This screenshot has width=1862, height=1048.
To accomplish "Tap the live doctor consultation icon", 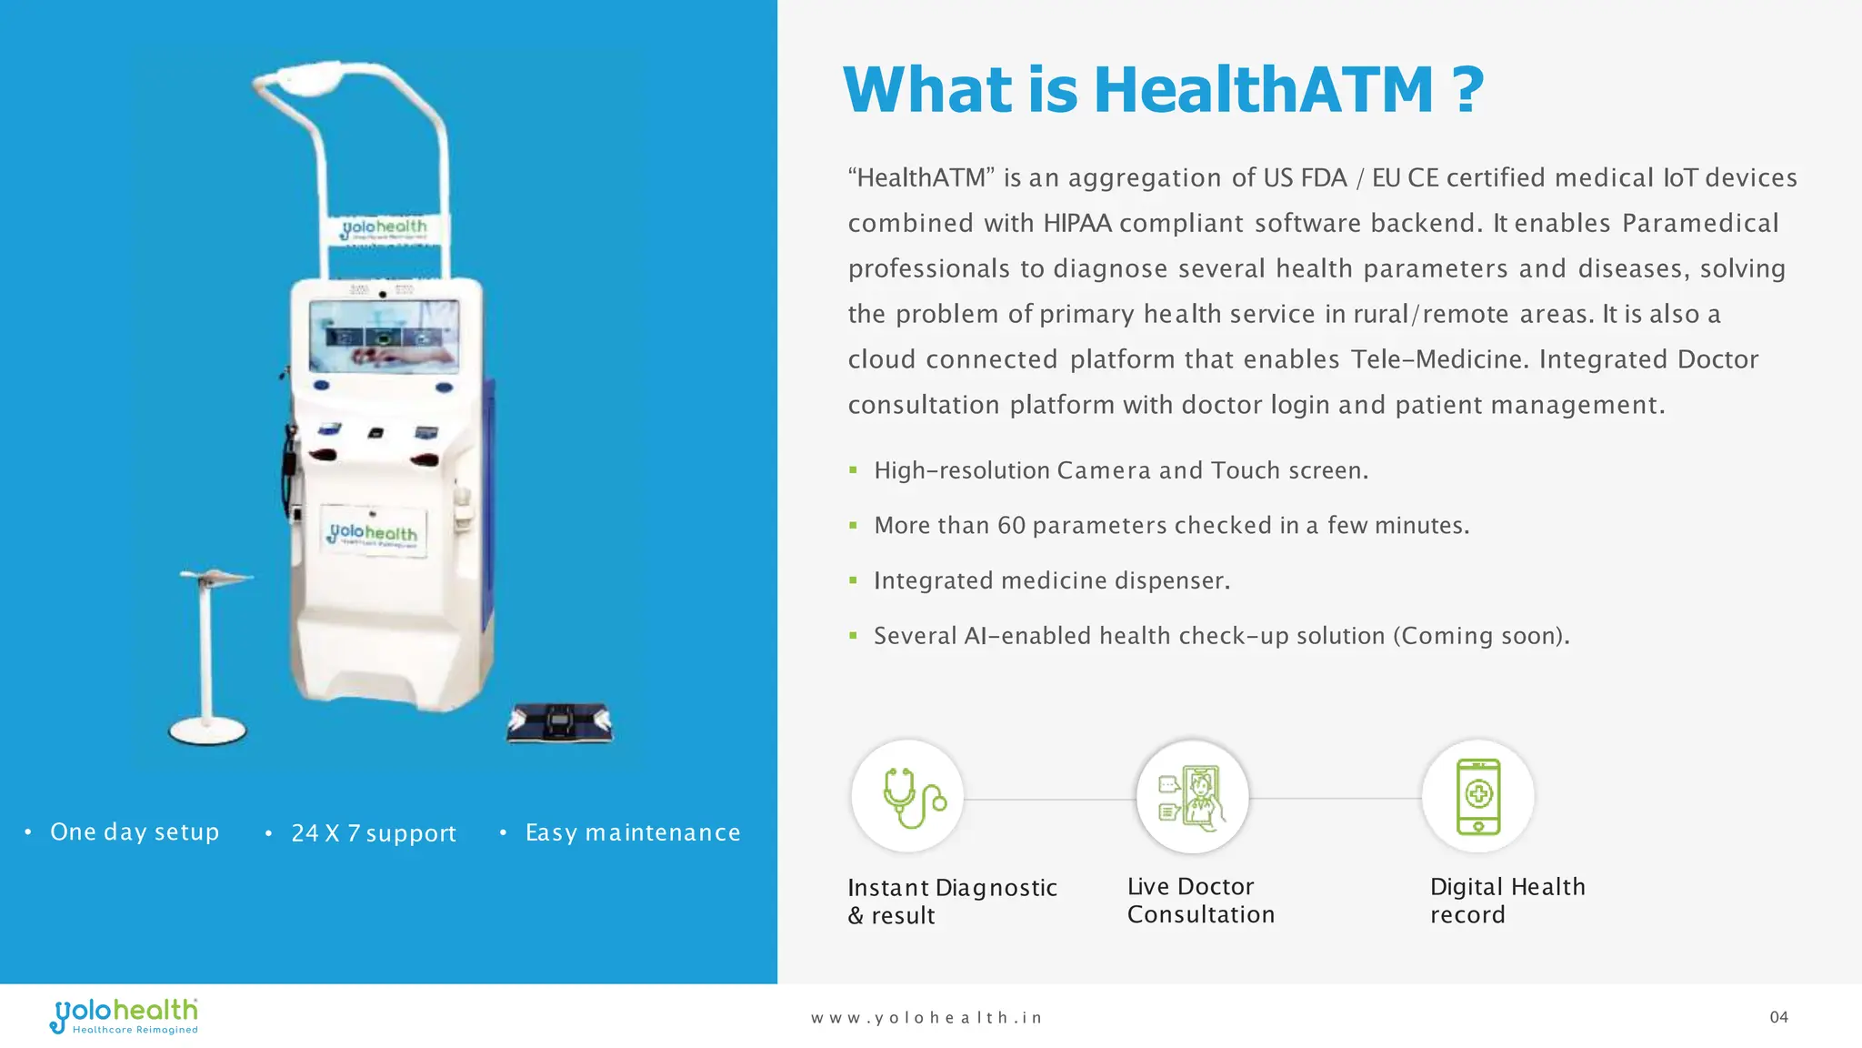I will [1192, 797].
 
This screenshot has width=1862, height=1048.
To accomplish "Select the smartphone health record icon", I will [1477, 797].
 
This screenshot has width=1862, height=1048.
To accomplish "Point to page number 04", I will [1778, 1017].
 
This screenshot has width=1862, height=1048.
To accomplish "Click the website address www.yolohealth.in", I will [926, 1018].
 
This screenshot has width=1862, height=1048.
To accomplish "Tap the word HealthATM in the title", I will [1264, 90].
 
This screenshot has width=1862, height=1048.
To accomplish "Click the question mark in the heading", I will [1467, 90].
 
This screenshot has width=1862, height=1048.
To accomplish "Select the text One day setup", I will [135, 832].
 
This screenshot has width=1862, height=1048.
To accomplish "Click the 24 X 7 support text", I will [374, 833].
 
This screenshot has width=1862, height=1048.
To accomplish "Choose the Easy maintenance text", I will [633, 832].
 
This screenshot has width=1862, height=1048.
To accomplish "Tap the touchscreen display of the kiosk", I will [384, 336].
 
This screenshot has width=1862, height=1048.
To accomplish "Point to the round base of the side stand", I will [207, 730].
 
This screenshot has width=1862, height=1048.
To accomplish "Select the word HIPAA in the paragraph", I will [1077, 224].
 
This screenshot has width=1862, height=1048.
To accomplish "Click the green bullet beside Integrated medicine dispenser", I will [853, 580].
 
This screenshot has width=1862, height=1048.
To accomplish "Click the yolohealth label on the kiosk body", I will [374, 532].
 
